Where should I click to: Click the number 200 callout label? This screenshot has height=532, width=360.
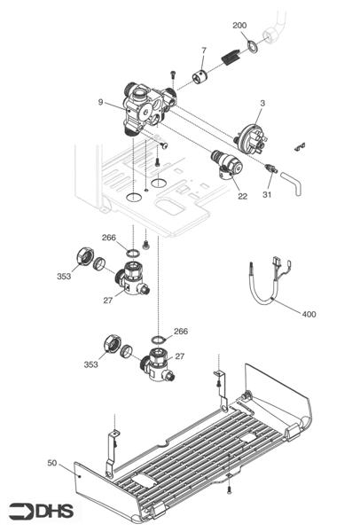tap(240, 25)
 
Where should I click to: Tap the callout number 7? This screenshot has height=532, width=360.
tap(203, 50)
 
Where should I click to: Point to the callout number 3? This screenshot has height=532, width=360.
tap(262, 105)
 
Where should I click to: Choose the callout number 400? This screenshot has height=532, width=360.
tap(308, 314)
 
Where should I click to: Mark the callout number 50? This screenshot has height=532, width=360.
tap(53, 462)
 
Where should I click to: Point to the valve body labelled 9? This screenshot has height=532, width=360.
tap(145, 111)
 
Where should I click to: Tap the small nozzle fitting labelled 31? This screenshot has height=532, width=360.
tap(270, 168)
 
